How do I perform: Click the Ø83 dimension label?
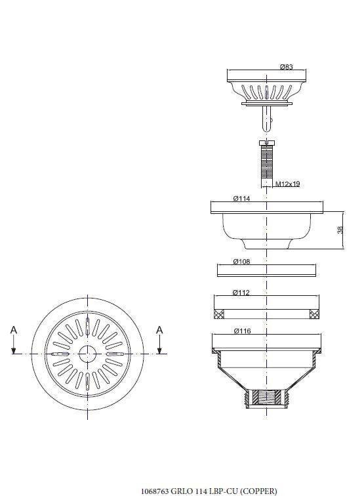click(x=286, y=67)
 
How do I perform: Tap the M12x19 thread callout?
click(x=287, y=184)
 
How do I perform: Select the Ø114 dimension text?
click(x=241, y=198)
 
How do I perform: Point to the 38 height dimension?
click(x=340, y=230)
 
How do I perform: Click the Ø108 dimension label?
click(x=241, y=261)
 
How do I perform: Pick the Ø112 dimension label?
click(x=241, y=293)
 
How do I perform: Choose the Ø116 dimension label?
click(x=242, y=331)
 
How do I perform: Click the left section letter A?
click(x=14, y=330)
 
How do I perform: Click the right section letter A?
click(x=160, y=330)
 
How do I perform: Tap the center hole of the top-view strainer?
click(x=87, y=354)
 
